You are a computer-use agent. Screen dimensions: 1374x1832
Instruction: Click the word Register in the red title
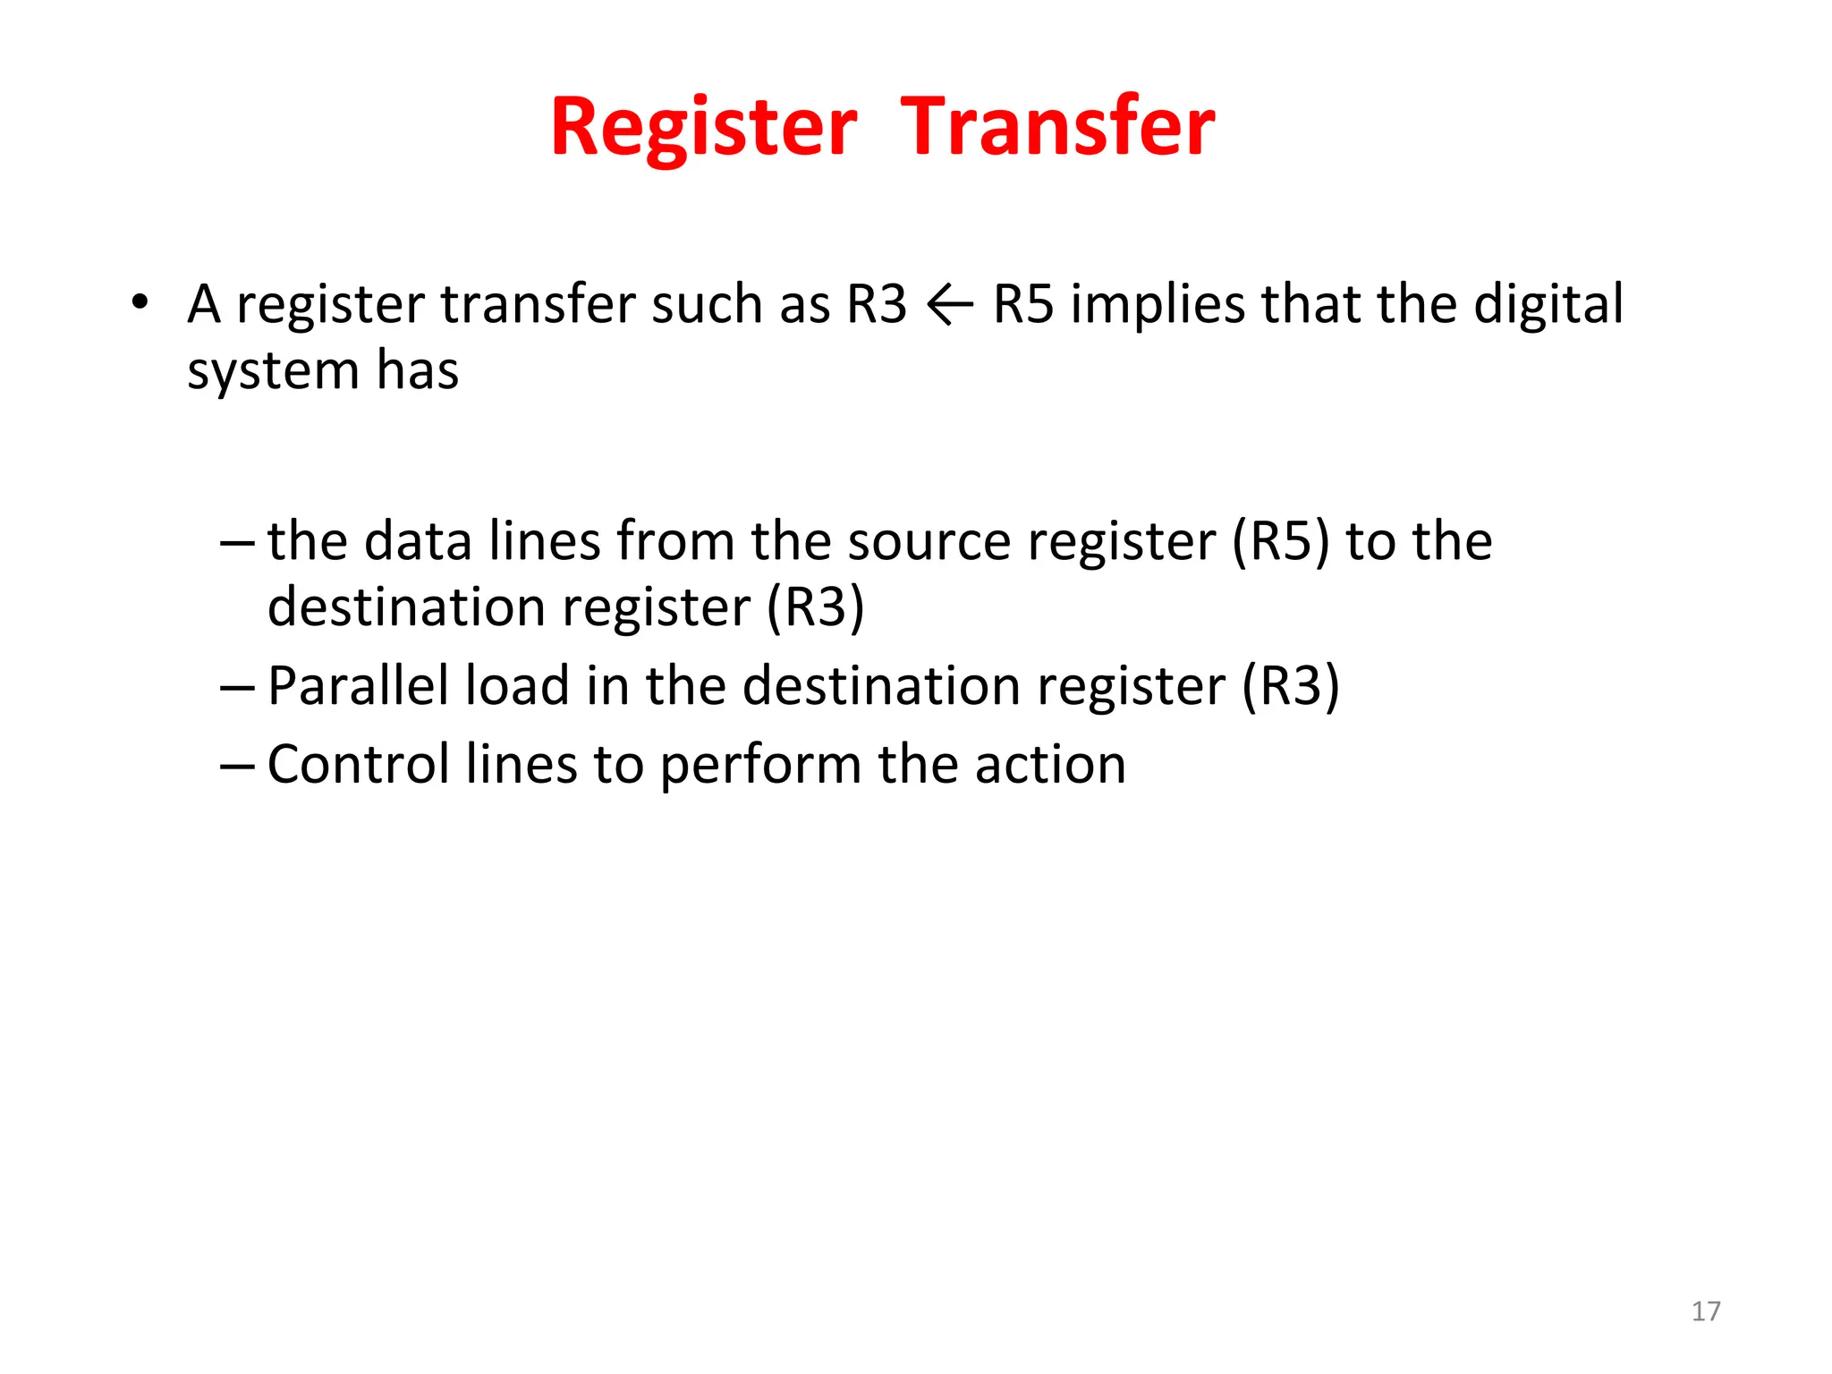point(703,127)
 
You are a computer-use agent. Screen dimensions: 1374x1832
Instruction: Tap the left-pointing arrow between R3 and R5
point(950,306)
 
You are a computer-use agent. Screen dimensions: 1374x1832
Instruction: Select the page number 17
point(1706,1311)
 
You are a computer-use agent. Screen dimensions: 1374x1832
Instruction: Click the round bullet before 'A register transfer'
point(139,302)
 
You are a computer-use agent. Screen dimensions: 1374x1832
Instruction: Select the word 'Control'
point(358,766)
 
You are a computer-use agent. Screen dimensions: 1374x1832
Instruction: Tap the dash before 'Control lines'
point(237,766)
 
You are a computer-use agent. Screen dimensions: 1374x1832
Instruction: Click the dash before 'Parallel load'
point(237,687)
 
